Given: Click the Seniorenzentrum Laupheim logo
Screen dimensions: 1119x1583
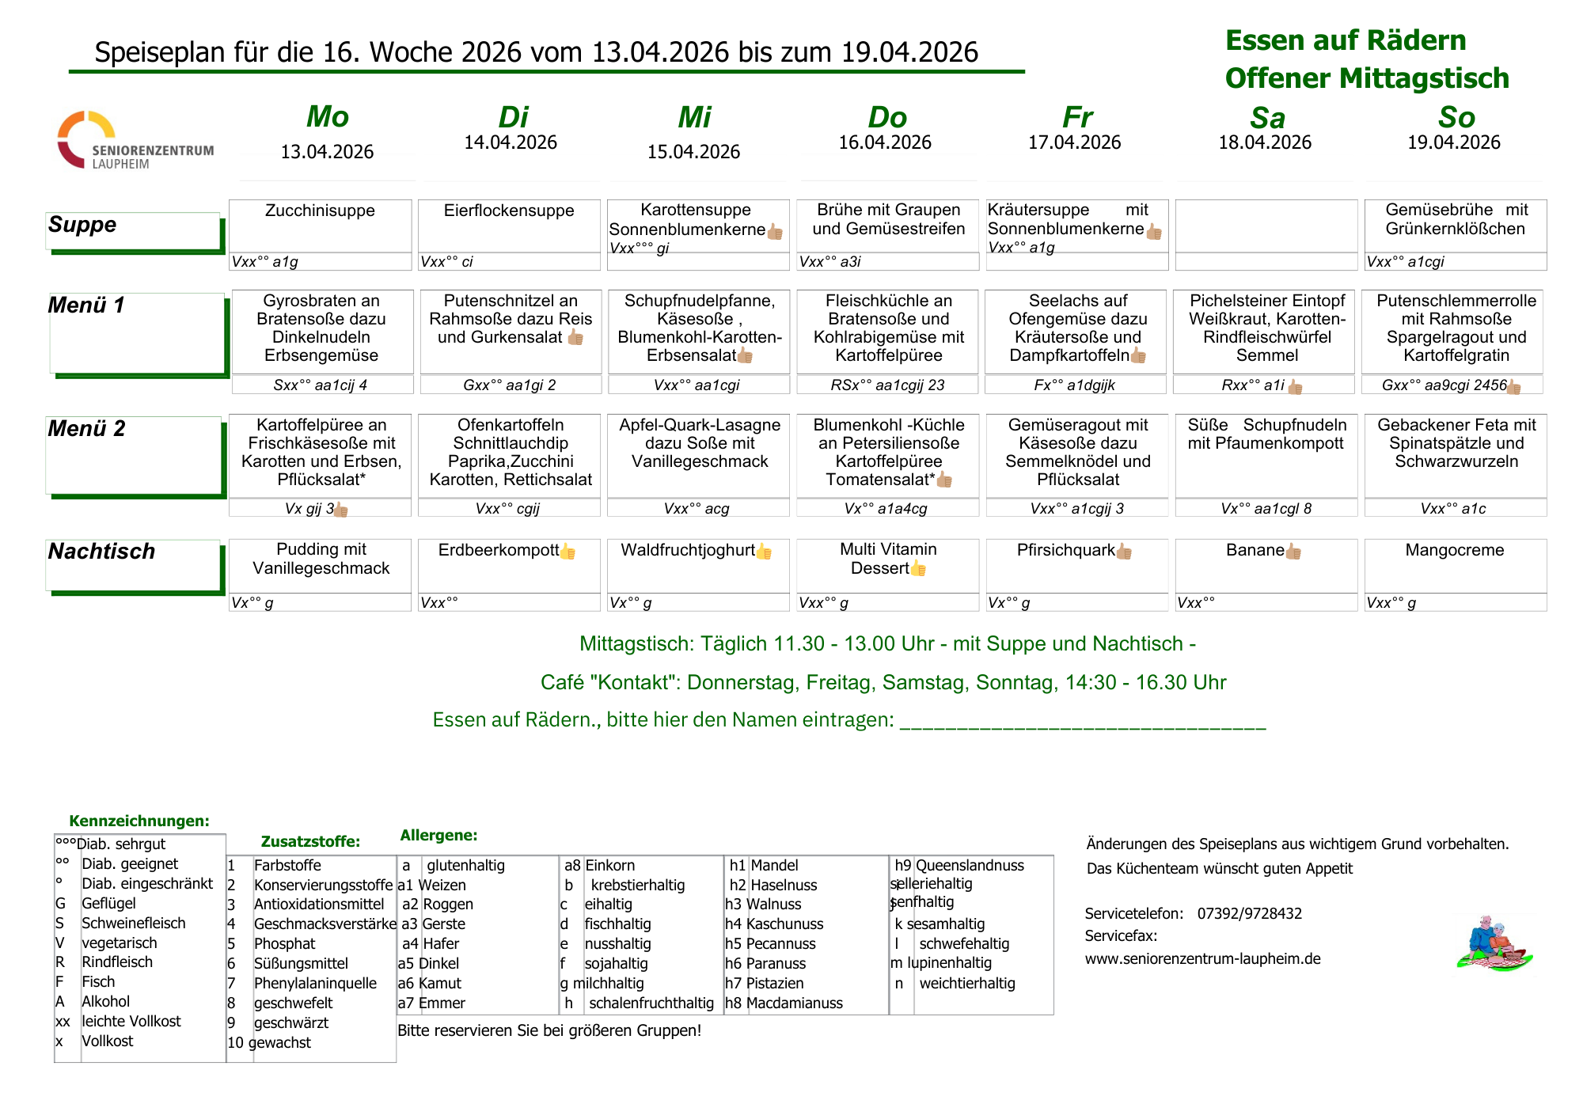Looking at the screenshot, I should coord(135,141).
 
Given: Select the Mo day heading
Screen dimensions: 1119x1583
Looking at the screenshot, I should coord(327,117).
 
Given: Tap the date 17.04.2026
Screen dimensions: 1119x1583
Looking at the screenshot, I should coord(1074,142).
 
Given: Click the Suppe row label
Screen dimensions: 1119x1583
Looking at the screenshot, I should coord(82,225).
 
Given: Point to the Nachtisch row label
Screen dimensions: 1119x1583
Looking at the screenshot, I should coord(101,552).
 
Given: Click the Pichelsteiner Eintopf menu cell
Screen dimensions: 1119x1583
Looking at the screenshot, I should coord(1266,328).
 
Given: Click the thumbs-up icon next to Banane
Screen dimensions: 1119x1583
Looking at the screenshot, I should coord(1293,552).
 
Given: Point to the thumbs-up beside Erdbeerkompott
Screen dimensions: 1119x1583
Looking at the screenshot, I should coord(568,552).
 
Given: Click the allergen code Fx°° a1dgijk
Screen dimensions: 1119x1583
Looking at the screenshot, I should coord(1074,385).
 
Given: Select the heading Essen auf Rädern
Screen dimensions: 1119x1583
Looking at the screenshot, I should coord(1345,40).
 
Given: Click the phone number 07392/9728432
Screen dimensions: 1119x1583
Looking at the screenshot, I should coord(1249,913).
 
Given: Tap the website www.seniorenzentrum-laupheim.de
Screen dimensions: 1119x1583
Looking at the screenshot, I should coord(1202,958).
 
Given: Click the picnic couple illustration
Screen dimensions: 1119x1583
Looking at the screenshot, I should coord(1494,943).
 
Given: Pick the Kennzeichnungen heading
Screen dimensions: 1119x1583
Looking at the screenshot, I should coord(139,821).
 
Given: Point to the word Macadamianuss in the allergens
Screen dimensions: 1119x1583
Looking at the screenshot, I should coord(794,1003).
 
